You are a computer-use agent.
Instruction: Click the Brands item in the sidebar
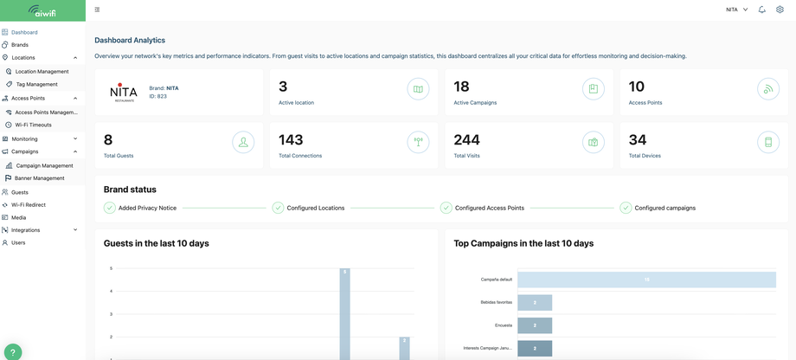tap(19, 44)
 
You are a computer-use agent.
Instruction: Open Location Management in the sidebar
tap(42, 71)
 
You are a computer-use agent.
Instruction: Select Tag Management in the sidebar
tap(36, 84)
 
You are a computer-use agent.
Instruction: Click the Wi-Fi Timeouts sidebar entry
tap(33, 125)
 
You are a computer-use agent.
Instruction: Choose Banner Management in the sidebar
tap(39, 178)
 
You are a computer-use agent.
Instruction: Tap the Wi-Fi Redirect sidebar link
tap(28, 205)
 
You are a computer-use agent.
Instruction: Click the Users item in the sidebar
tap(18, 242)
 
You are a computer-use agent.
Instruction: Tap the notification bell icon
tap(762, 10)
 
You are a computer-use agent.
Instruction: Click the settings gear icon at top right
tap(780, 10)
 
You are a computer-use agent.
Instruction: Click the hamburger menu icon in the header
tap(97, 10)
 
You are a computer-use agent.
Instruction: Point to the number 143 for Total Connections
tap(291, 140)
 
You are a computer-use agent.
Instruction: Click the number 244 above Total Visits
tap(466, 140)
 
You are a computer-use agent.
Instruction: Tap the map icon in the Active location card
tap(418, 89)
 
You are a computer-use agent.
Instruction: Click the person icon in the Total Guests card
tap(243, 142)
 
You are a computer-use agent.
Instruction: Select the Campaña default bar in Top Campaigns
tap(646, 280)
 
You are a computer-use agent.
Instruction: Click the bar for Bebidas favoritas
tap(535, 302)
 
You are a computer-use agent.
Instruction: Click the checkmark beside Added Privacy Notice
tap(110, 208)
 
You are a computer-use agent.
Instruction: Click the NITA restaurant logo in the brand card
tap(124, 92)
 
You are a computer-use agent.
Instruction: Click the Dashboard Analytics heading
tap(130, 40)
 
